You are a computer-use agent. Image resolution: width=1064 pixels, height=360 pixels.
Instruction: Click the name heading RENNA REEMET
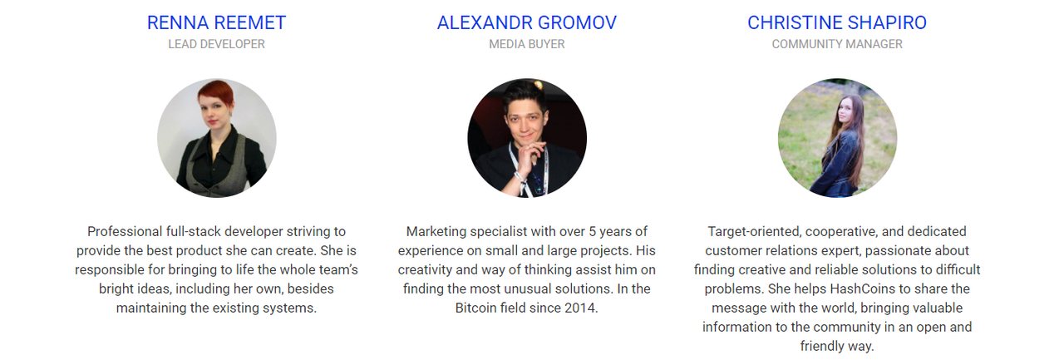tap(216, 22)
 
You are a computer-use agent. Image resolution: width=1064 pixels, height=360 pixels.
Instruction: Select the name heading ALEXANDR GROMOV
tap(527, 22)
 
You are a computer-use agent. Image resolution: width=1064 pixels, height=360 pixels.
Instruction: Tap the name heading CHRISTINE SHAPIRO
tap(837, 22)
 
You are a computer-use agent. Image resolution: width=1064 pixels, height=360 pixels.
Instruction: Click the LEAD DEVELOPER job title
tap(216, 44)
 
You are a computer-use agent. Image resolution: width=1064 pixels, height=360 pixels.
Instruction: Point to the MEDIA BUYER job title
tap(527, 44)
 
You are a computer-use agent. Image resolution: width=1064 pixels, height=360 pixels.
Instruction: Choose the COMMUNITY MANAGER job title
tap(837, 44)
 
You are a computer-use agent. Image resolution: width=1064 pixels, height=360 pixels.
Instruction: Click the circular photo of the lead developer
tap(217, 138)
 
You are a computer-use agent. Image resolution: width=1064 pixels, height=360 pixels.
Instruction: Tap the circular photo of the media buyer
tap(527, 138)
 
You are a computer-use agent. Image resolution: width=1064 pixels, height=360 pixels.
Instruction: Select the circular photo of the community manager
tap(837, 138)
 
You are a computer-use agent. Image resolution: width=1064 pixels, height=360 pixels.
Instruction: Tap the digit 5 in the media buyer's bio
tap(593, 232)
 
